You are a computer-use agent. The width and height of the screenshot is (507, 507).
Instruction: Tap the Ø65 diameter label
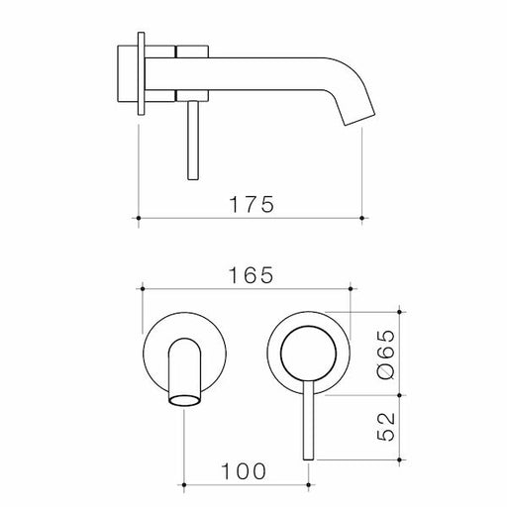coord(387,352)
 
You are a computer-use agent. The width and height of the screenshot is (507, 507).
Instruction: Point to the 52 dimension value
coord(387,425)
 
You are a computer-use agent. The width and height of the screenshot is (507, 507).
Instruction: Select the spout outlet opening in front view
coord(184,400)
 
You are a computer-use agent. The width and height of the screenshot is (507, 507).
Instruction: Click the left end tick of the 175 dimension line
coord(138,216)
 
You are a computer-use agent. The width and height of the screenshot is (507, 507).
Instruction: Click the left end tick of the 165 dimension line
coord(146,289)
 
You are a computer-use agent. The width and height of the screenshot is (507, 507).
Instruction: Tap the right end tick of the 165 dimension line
coord(352,289)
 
